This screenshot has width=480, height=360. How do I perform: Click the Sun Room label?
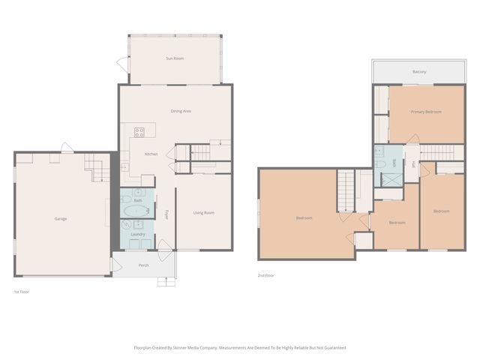click(175, 58)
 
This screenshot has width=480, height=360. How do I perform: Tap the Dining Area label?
click(181, 111)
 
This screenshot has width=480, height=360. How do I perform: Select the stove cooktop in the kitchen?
click(139, 133)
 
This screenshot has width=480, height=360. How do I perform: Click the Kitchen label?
click(151, 154)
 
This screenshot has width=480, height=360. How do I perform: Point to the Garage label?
click(61, 219)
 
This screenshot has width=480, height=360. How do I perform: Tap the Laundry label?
click(137, 234)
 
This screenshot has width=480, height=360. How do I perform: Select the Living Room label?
click(203, 213)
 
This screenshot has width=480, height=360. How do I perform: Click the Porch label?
click(143, 265)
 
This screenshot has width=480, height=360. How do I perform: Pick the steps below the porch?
click(166, 281)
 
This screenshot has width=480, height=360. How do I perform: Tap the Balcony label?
click(419, 72)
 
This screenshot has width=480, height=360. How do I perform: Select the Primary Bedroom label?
click(425, 112)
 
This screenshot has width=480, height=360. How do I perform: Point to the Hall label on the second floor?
click(412, 165)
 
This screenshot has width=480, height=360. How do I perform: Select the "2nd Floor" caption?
click(266, 275)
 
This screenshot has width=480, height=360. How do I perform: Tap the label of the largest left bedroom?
click(304, 218)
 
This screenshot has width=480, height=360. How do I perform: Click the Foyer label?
click(166, 214)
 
